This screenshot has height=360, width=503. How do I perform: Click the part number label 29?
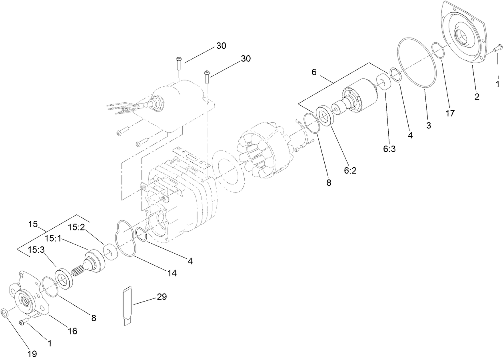click(162, 297)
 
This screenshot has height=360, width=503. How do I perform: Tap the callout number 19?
click(32, 354)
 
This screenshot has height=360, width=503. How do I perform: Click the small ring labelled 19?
click(6, 313)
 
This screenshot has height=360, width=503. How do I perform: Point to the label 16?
click(72, 331)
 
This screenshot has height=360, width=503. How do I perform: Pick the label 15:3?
click(36, 250)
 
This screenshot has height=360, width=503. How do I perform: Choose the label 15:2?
click(76, 227)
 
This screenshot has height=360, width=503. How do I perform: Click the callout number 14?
click(172, 273)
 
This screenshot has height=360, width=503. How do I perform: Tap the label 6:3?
click(389, 149)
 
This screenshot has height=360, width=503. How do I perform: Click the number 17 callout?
click(450, 113)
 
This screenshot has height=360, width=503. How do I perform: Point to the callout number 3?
click(428, 125)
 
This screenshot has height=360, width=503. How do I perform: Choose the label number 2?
click(477, 96)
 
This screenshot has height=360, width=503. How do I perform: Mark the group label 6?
click(314, 72)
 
